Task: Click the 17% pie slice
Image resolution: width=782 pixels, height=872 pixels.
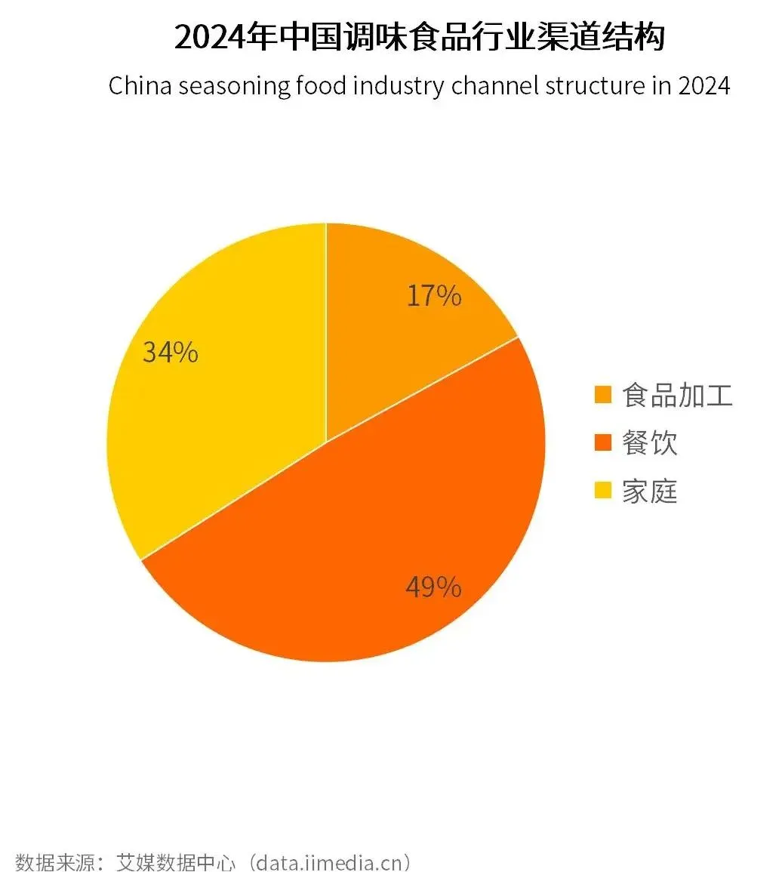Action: pos(393,302)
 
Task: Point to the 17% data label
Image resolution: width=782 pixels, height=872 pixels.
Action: pos(434,296)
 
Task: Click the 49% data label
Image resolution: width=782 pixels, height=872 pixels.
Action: pos(433,587)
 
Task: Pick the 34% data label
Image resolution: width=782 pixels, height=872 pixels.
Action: pos(171,352)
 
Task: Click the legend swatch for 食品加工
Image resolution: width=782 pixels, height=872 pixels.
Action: pos(602,395)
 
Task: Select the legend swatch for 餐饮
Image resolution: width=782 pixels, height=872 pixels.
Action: pos(602,442)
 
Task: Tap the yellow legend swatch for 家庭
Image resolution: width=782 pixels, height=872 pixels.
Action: pos(602,491)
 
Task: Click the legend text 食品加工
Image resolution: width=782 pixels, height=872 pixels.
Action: pos(677,395)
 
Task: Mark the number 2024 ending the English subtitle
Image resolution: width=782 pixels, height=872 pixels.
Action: pos(704,85)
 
